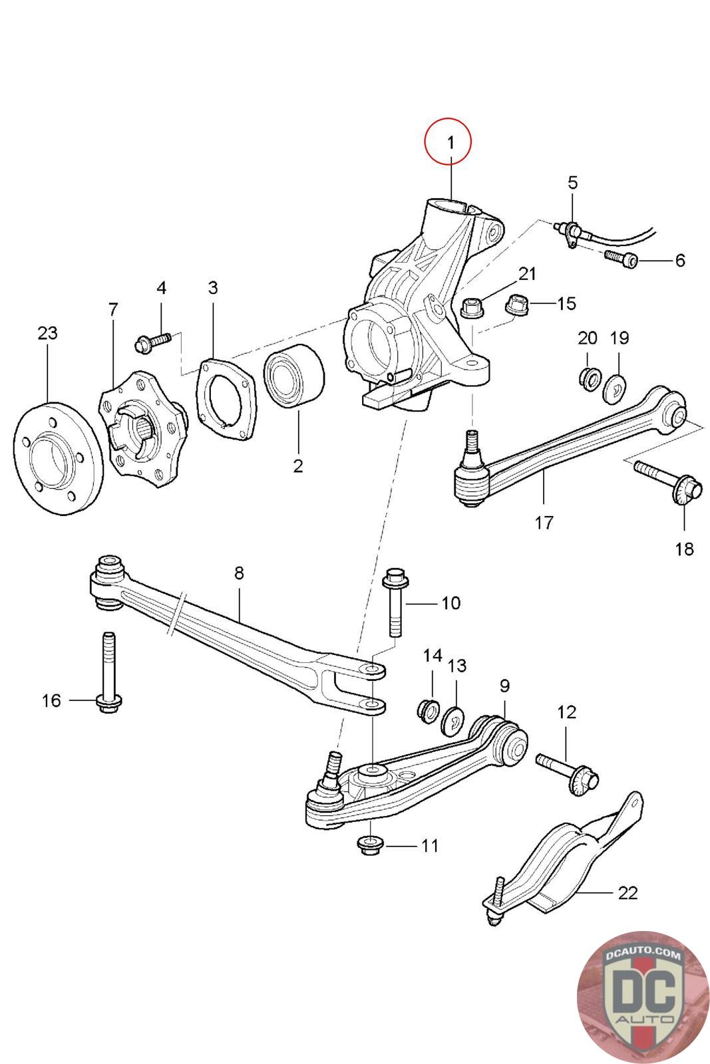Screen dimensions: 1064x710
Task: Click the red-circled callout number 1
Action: [x=449, y=142]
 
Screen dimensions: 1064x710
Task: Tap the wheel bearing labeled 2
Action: [x=293, y=377]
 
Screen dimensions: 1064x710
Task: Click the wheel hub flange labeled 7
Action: [x=141, y=425]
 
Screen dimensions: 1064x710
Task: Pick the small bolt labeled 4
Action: [x=153, y=342]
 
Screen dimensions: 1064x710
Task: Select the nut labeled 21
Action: [x=471, y=308]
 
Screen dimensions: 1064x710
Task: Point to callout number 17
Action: [x=544, y=523]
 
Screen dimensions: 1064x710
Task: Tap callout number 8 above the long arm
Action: [x=239, y=572]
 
